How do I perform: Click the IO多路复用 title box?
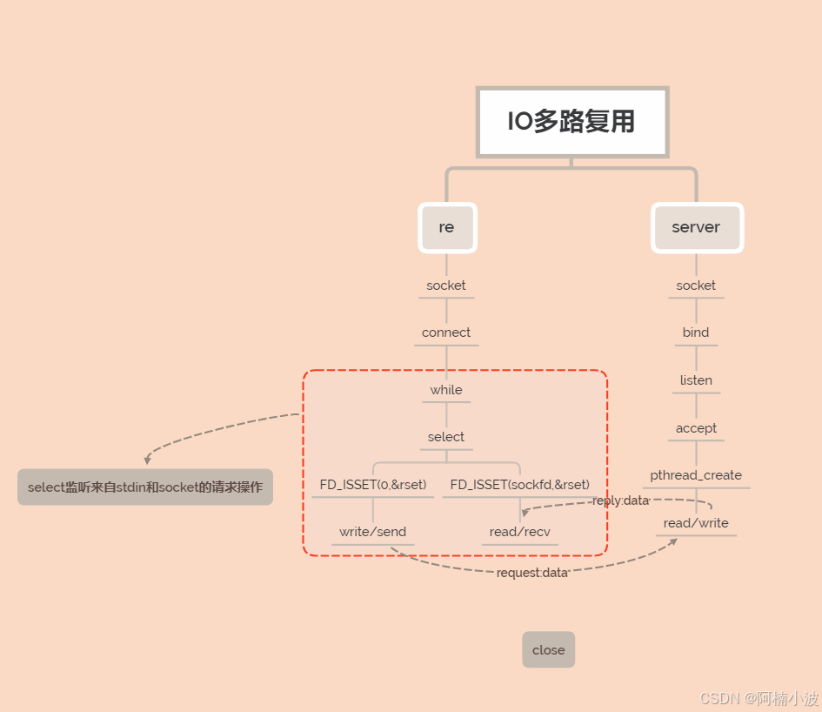click(571, 122)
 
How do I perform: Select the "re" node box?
click(446, 227)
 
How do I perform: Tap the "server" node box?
click(696, 227)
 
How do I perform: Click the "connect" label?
click(446, 332)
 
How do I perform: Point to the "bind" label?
click(696, 332)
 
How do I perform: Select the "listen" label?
click(696, 380)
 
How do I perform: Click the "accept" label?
click(696, 428)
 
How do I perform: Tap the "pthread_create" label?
click(696, 475)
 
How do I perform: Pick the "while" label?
click(446, 390)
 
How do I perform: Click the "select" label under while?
click(446, 437)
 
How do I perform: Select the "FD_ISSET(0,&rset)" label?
click(373, 484)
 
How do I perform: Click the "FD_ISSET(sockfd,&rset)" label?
click(520, 484)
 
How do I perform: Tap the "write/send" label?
click(373, 532)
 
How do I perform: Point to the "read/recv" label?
click(520, 532)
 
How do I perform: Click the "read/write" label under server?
click(696, 523)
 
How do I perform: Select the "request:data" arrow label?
click(532, 573)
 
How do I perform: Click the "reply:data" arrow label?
click(620, 500)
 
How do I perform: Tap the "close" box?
click(549, 650)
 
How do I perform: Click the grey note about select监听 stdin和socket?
click(145, 487)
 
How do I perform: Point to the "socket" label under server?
click(696, 285)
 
